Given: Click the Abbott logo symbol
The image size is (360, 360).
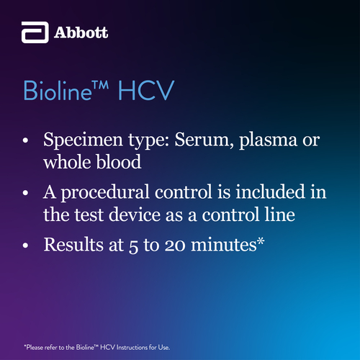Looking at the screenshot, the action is tap(35, 32).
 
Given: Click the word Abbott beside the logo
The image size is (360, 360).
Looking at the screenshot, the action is tap(81, 32).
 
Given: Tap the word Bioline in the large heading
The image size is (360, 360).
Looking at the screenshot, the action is tap(58, 91).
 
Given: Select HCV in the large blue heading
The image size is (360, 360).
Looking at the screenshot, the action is tap(146, 91).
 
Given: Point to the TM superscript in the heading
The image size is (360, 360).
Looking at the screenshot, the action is tap(101, 86).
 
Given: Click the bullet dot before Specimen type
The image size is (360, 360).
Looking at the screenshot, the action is tap(25, 140).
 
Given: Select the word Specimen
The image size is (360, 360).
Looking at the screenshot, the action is tap(83, 140).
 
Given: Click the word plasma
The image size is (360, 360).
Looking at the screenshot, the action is tap(268, 140).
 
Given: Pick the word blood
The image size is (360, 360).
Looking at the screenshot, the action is tap(119, 162).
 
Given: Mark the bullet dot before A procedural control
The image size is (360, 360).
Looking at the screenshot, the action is tap(25, 193).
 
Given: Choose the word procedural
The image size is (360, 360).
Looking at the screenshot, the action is tap(105, 193).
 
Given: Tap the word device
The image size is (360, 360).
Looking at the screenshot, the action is tap(135, 215).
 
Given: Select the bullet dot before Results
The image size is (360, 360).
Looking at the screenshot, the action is tap(25, 246).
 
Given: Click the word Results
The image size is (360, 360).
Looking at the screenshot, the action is tap(73, 244).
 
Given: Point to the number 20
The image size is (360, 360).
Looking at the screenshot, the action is tap(175, 246).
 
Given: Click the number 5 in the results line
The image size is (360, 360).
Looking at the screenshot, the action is tap(133, 246).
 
